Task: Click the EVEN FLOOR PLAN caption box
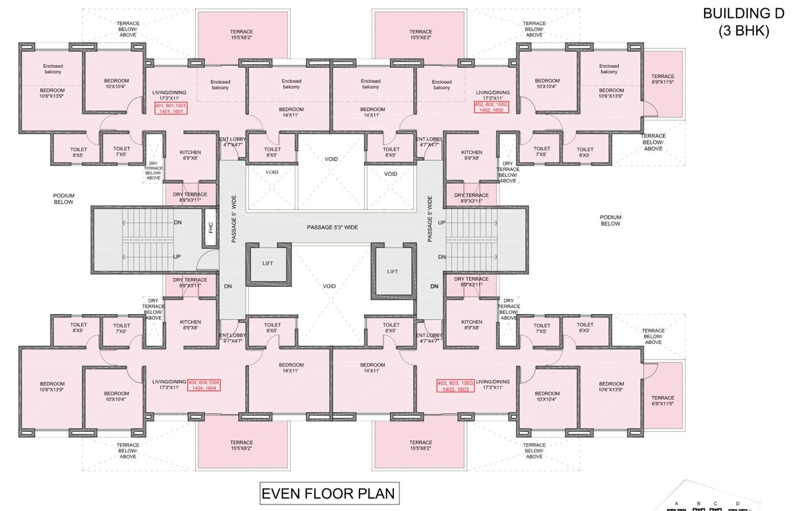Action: pos(328,494)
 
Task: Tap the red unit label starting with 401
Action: pos(171,109)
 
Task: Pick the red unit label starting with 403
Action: pos(455,387)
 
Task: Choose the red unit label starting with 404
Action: pos(208,386)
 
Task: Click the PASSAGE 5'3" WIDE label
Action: pos(332,228)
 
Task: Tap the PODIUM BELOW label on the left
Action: pos(64,198)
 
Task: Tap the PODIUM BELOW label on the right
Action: pos(610,220)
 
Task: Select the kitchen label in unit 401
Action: pos(190,156)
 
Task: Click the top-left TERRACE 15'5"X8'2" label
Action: pos(242,35)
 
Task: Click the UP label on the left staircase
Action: pos(177,256)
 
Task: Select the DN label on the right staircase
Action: pos(441,257)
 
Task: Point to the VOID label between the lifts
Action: pos(329,286)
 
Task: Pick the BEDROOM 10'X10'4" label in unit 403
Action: pos(547,396)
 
